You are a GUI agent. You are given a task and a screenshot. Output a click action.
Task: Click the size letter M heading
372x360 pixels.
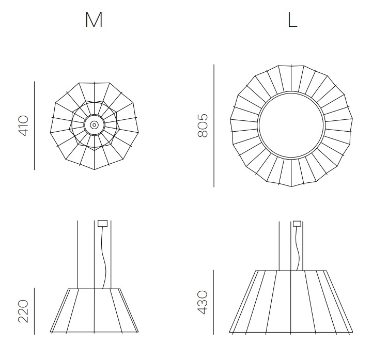click(x=94, y=19)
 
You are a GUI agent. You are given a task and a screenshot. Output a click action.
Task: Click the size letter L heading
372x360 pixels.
click(x=292, y=20)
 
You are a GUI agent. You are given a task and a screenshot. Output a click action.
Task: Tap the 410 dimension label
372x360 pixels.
click(x=24, y=126)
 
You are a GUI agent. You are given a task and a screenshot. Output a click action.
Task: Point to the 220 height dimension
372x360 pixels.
click(x=24, y=310)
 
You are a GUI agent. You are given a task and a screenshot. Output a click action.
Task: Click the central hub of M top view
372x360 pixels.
click(x=94, y=124)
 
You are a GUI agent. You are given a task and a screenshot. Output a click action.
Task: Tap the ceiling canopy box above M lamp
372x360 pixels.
click(x=102, y=224)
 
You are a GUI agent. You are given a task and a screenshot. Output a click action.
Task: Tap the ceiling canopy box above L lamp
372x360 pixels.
click(x=297, y=224)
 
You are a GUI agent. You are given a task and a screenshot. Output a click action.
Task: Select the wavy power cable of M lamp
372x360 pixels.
click(x=105, y=258)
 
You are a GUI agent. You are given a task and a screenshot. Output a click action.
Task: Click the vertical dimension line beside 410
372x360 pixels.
click(x=34, y=126)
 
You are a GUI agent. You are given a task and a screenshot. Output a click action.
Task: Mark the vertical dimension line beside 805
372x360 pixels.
click(x=213, y=126)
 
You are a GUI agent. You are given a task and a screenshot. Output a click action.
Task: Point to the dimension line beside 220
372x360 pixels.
click(x=34, y=310)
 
